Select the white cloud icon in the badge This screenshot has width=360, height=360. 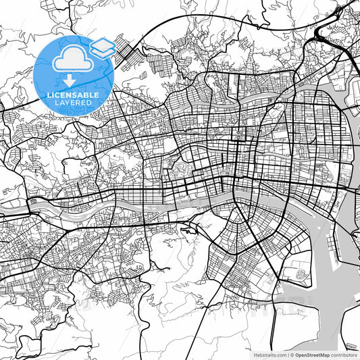(x=72, y=61)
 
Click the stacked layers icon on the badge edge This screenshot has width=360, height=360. (x=102, y=47)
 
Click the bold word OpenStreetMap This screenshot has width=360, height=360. (x=311, y=354)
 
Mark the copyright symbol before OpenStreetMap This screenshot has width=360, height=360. (x=290, y=354)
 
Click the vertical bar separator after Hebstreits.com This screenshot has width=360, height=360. (x=286, y=354)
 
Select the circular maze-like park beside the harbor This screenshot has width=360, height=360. (x=300, y=274)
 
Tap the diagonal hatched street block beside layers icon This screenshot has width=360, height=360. (x=124, y=49)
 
